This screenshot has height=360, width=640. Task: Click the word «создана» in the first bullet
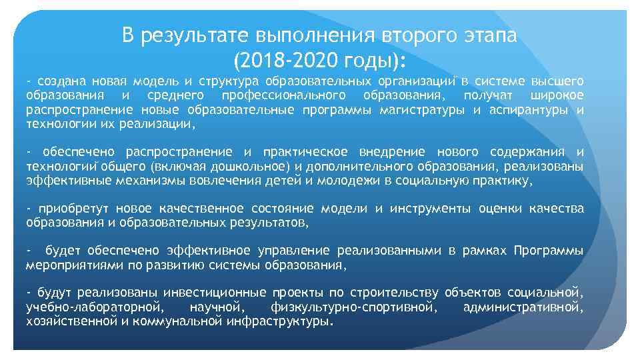point(61,81)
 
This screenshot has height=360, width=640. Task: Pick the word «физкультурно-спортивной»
point(354,307)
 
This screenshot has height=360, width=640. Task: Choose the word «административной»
point(523,307)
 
